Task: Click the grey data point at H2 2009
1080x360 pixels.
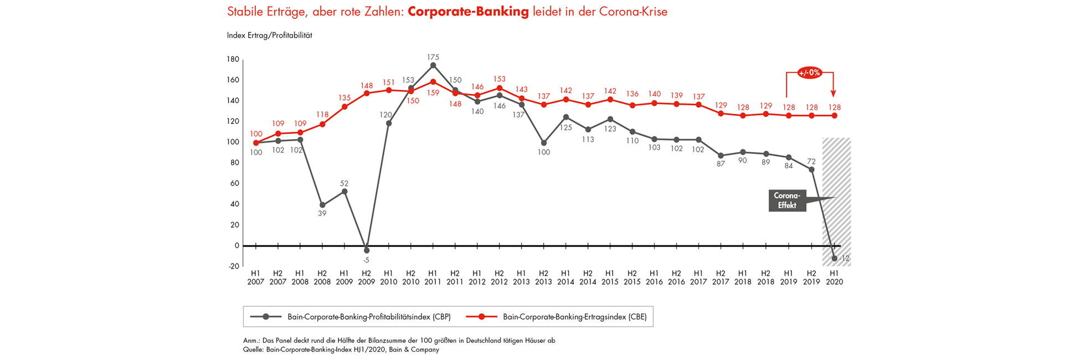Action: tap(366, 250)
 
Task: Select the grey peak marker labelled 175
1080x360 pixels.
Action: tap(433, 65)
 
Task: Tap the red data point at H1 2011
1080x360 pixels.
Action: tap(433, 81)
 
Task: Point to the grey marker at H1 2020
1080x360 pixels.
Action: tap(834, 258)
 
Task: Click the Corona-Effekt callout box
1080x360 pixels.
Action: tap(786, 200)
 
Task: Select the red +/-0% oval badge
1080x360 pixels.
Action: tap(810, 73)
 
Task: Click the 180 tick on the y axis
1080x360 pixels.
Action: tap(233, 59)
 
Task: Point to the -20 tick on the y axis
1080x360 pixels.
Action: tap(233, 266)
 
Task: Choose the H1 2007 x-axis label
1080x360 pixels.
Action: tap(255, 277)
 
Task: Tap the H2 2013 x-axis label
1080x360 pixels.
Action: tap(543, 277)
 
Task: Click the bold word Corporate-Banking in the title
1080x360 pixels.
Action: tap(468, 12)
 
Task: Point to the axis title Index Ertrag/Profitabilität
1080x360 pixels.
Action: tap(270, 35)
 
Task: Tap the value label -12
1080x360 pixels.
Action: tap(844, 259)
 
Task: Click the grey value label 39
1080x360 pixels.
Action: tap(322, 213)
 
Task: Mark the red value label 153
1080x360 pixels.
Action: tap(499, 79)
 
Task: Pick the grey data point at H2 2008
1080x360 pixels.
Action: tap(322, 205)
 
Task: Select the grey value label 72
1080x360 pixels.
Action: tap(811, 161)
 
